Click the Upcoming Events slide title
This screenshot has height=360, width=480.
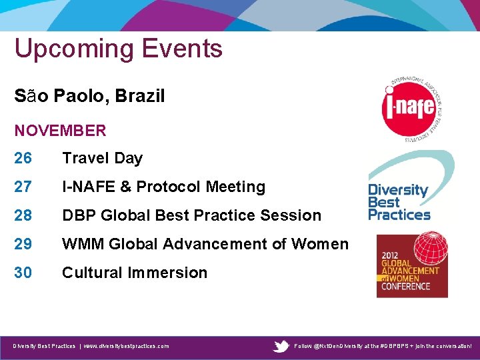(x=118, y=49)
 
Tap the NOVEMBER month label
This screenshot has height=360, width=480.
(x=60, y=131)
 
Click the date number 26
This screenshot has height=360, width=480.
(x=23, y=159)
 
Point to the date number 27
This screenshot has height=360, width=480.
(x=23, y=187)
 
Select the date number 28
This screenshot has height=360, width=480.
(x=23, y=216)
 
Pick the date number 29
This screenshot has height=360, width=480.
(x=23, y=245)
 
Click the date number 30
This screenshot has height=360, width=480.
(x=23, y=273)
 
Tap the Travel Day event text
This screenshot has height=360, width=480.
(x=102, y=159)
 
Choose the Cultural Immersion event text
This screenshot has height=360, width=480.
(x=135, y=273)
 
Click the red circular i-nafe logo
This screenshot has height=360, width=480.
(x=408, y=108)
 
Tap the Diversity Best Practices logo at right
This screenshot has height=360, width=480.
(x=400, y=200)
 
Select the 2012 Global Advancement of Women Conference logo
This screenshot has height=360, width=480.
(x=411, y=265)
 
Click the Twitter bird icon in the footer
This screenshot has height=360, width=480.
(x=282, y=346)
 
